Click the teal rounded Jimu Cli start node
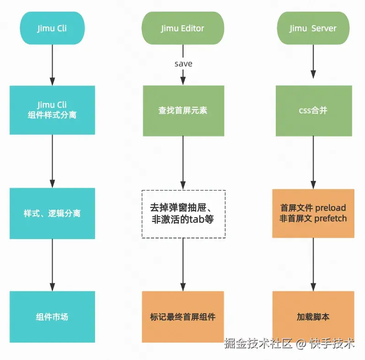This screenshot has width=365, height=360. coord(52,28)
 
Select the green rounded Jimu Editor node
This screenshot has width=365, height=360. coord(183,28)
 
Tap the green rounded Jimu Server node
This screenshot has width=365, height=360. coord(313,28)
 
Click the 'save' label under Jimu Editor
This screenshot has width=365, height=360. coord(183,64)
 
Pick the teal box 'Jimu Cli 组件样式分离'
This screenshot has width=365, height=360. coord(52,110)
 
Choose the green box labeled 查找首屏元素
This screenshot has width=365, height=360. coord(183,111)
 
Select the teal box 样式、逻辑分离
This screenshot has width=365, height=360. coord(52,213)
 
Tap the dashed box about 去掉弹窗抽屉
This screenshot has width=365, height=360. coord(183,213)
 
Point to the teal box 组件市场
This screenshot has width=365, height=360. coord(52,317)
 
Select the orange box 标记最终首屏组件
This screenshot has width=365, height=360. coord(183,317)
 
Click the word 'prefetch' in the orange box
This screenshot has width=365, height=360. coord(330,219)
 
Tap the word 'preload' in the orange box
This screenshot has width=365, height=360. coord(330,207)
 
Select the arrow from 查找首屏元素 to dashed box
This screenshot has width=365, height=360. coord(183,163)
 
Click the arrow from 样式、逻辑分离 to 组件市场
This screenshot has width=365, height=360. coord(52,265)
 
